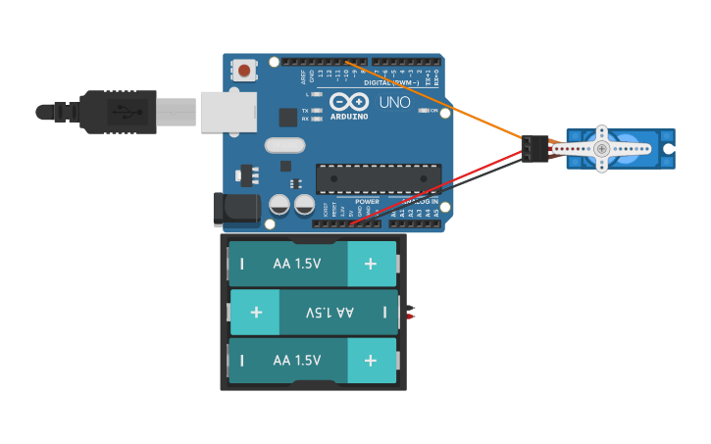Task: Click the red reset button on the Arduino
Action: (x=243, y=70)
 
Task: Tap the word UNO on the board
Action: (x=394, y=102)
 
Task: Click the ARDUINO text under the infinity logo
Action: (x=350, y=116)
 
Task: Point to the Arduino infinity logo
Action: (x=349, y=102)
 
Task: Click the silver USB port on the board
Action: (x=227, y=111)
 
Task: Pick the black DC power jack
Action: (x=236, y=209)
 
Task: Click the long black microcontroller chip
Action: (x=378, y=177)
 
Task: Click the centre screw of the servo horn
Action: (x=602, y=148)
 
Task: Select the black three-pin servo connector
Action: (x=534, y=148)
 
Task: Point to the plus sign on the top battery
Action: (x=370, y=264)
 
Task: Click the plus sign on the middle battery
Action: (x=256, y=313)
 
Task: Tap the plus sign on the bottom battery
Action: (x=370, y=361)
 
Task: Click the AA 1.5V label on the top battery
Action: (x=297, y=264)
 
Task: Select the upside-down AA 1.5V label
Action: (x=330, y=313)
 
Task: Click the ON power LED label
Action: (x=433, y=111)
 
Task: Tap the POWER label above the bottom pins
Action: (x=367, y=202)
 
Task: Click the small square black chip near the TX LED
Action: (x=287, y=118)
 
